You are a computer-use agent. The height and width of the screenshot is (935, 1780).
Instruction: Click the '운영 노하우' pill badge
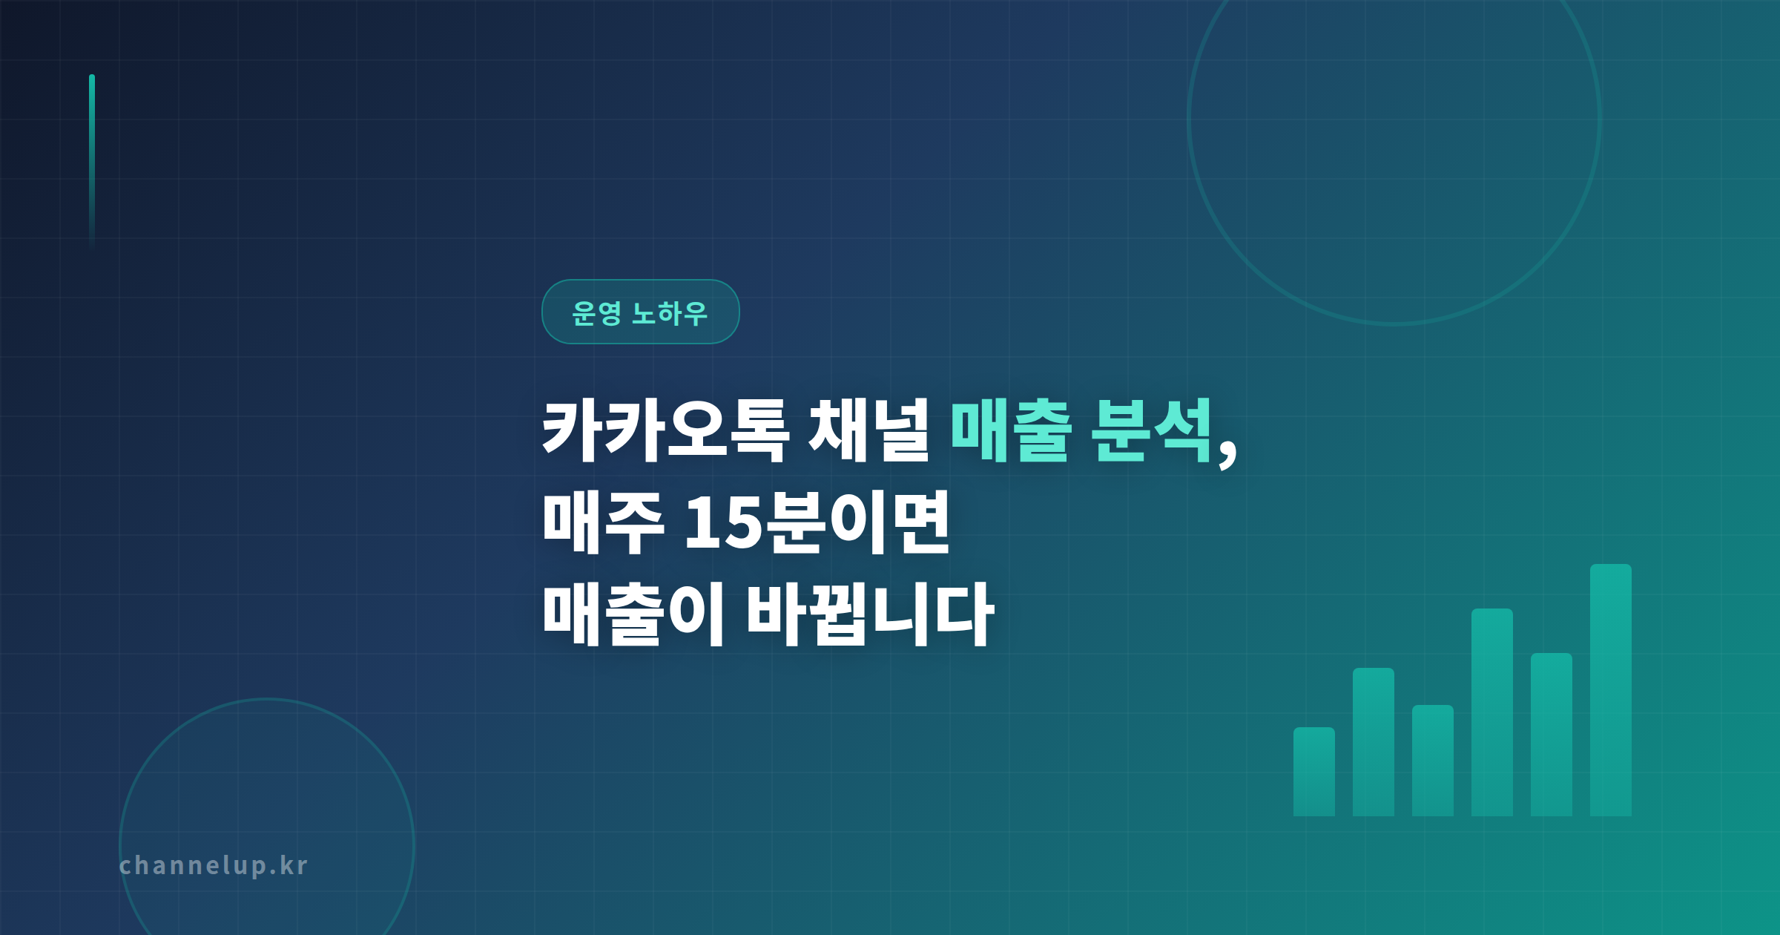pyautogui.click(x=640, y=312)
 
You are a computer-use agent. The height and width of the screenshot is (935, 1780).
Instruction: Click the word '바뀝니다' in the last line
pyautogui.click(x=869, y=614)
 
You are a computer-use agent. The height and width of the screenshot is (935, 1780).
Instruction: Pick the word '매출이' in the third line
pyautogui.click(x=633, y=614)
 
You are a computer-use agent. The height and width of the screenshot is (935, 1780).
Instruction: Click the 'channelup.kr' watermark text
pyautogui.click(x=213, y=865)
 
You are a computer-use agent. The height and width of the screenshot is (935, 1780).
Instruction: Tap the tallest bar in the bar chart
pyautogui.click(x=1610, y=690)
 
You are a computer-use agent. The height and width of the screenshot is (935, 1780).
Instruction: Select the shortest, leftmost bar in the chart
pyautogui.click(x=1313, y=772)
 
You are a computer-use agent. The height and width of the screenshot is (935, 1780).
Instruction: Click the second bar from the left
pyautogui.click(x=1373, y=742)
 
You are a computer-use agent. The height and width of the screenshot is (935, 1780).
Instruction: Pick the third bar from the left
pyautogui.click(x=1432, y=761)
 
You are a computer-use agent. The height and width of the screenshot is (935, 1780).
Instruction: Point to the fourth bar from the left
pyautogui.click(x=1491, y=712)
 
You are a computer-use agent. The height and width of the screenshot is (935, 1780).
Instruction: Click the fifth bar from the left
pyautogui.click(x=1551, y=735)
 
